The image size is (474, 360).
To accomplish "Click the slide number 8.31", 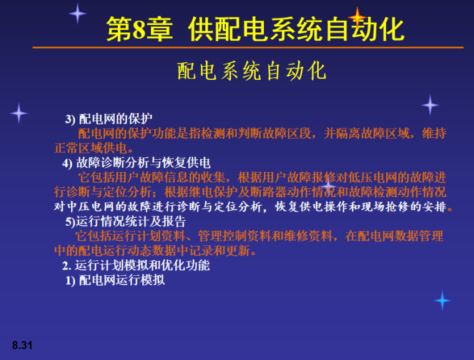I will click(x=22, y=344).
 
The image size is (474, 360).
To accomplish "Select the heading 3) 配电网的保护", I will click(x=109, y=119).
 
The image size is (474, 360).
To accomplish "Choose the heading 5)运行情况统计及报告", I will click(x=125, y=221).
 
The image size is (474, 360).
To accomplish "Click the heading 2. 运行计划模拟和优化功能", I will click(x=136, y=265).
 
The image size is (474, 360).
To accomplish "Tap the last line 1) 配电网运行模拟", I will click(x=115, y=280).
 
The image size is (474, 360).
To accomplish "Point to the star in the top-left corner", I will click(x=77, y=13).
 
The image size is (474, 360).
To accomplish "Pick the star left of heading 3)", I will click(x=19, y=113).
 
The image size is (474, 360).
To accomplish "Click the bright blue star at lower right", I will click(x=442, y=301).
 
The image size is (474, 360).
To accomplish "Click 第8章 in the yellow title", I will click(x=139, y=30).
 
